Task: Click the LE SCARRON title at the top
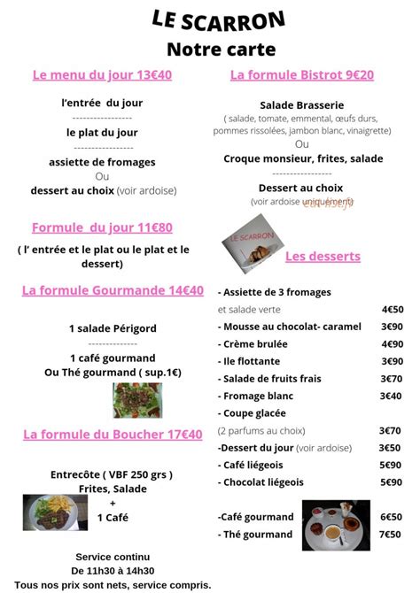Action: (219, 20)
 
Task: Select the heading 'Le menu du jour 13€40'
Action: (102, 75)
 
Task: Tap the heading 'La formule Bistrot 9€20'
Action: (302, 75)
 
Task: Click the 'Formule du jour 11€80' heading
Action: (102, 227)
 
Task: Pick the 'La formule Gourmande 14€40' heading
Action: (113, 290)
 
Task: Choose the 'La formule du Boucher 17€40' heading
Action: (113, 435)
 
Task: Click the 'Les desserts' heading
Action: (323, 257)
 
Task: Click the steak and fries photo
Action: (50, 512)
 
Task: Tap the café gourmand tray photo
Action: (336, 525)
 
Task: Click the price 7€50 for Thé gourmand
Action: (390, 535)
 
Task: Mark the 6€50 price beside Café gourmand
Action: (390, 517)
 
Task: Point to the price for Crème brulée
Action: (391, 344)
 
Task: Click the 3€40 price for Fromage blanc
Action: (391, 396)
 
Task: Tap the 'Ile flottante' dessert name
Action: (252, 361)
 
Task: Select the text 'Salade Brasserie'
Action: (301, 104)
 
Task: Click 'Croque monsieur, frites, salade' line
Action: (303, 159)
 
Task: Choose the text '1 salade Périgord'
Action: (113, 328)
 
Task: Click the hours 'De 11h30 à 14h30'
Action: (113, 571)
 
